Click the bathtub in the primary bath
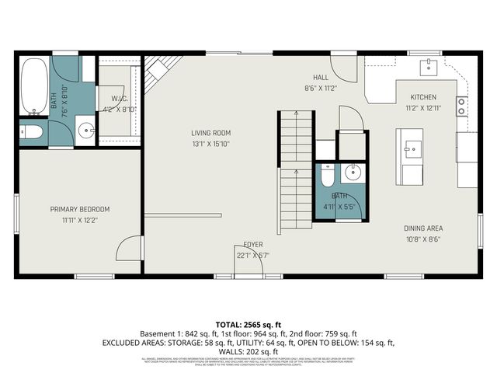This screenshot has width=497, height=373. [x=34, y=87]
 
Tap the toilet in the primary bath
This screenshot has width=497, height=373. [x=32, y=131]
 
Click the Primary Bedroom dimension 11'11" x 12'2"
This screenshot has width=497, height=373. [x=80, y=220]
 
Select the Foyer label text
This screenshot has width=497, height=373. [x=252, y=244]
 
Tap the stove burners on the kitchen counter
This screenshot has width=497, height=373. [x=461, y=106]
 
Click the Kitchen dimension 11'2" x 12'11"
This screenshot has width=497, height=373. [x=423, y=108]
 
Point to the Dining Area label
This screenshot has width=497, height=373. [x=423, y=228]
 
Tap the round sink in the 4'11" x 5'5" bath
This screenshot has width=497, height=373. [x=353, y=173]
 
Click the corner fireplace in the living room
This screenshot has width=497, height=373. [x=157, y=72]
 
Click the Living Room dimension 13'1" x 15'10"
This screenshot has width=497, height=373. [x=211, y=144]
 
